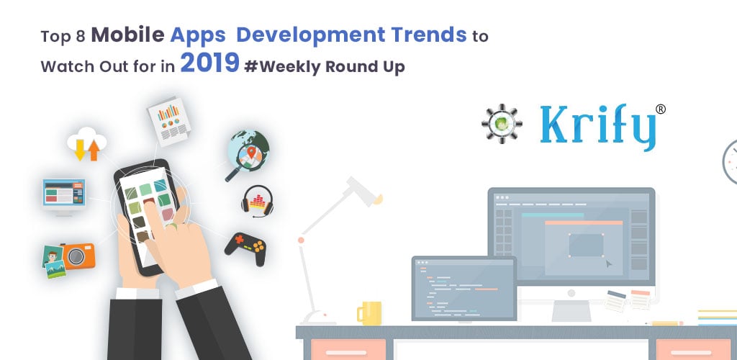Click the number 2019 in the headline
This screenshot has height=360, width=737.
point(209,63)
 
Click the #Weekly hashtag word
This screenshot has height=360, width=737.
point(282,67)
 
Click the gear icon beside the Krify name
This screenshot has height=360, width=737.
point(502,123)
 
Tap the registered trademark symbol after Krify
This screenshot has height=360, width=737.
point(661,109)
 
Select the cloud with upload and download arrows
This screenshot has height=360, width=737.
point(86,143)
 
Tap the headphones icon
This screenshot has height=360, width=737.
point(257,201)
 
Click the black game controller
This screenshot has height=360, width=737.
point(245,248)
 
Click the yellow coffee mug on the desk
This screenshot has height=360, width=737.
point(369,313)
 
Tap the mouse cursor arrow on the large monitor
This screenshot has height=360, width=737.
point(609,264)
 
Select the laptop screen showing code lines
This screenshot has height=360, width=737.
point(464,288)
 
